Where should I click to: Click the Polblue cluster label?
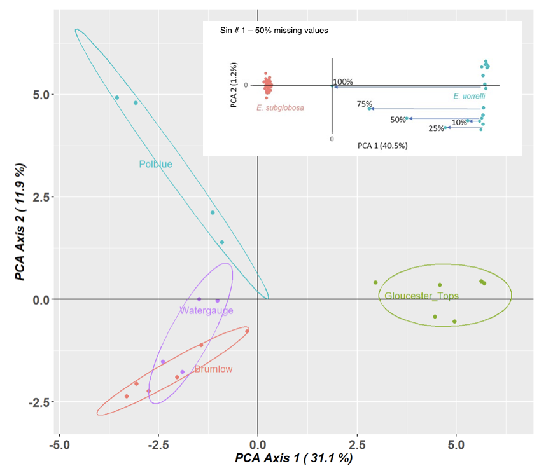click(155, 164)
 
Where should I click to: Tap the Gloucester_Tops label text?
click(421, 296)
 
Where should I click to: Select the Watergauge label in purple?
click(206, 311)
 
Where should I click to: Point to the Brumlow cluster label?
click(213, 369)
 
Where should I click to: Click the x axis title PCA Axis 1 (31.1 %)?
click(293, 458)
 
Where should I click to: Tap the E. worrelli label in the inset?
click(470, 96)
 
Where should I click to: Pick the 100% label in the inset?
click(342, 82)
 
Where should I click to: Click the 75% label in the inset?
click(365, 104)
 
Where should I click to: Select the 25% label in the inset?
click(437, 128)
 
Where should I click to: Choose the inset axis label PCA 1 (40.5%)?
click(382, 146)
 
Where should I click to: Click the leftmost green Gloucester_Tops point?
click(375, 283)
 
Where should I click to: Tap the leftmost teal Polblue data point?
click(116, 98)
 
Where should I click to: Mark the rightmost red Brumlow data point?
click(247, 331)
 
